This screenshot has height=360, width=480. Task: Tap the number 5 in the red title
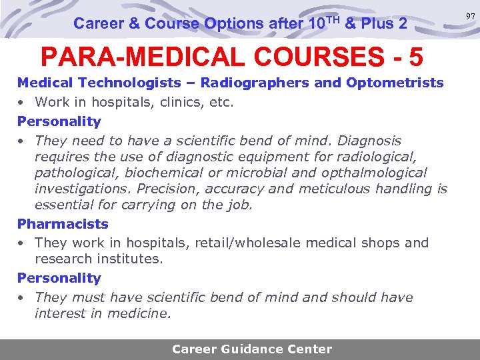(415, 57)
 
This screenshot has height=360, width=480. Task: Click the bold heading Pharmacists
(63, 224)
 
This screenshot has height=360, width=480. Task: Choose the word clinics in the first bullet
(179, 102)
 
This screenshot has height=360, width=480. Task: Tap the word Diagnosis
(369, 141)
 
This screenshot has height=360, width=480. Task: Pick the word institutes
(127, 259)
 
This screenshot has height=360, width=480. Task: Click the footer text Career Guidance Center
(251, 349)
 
